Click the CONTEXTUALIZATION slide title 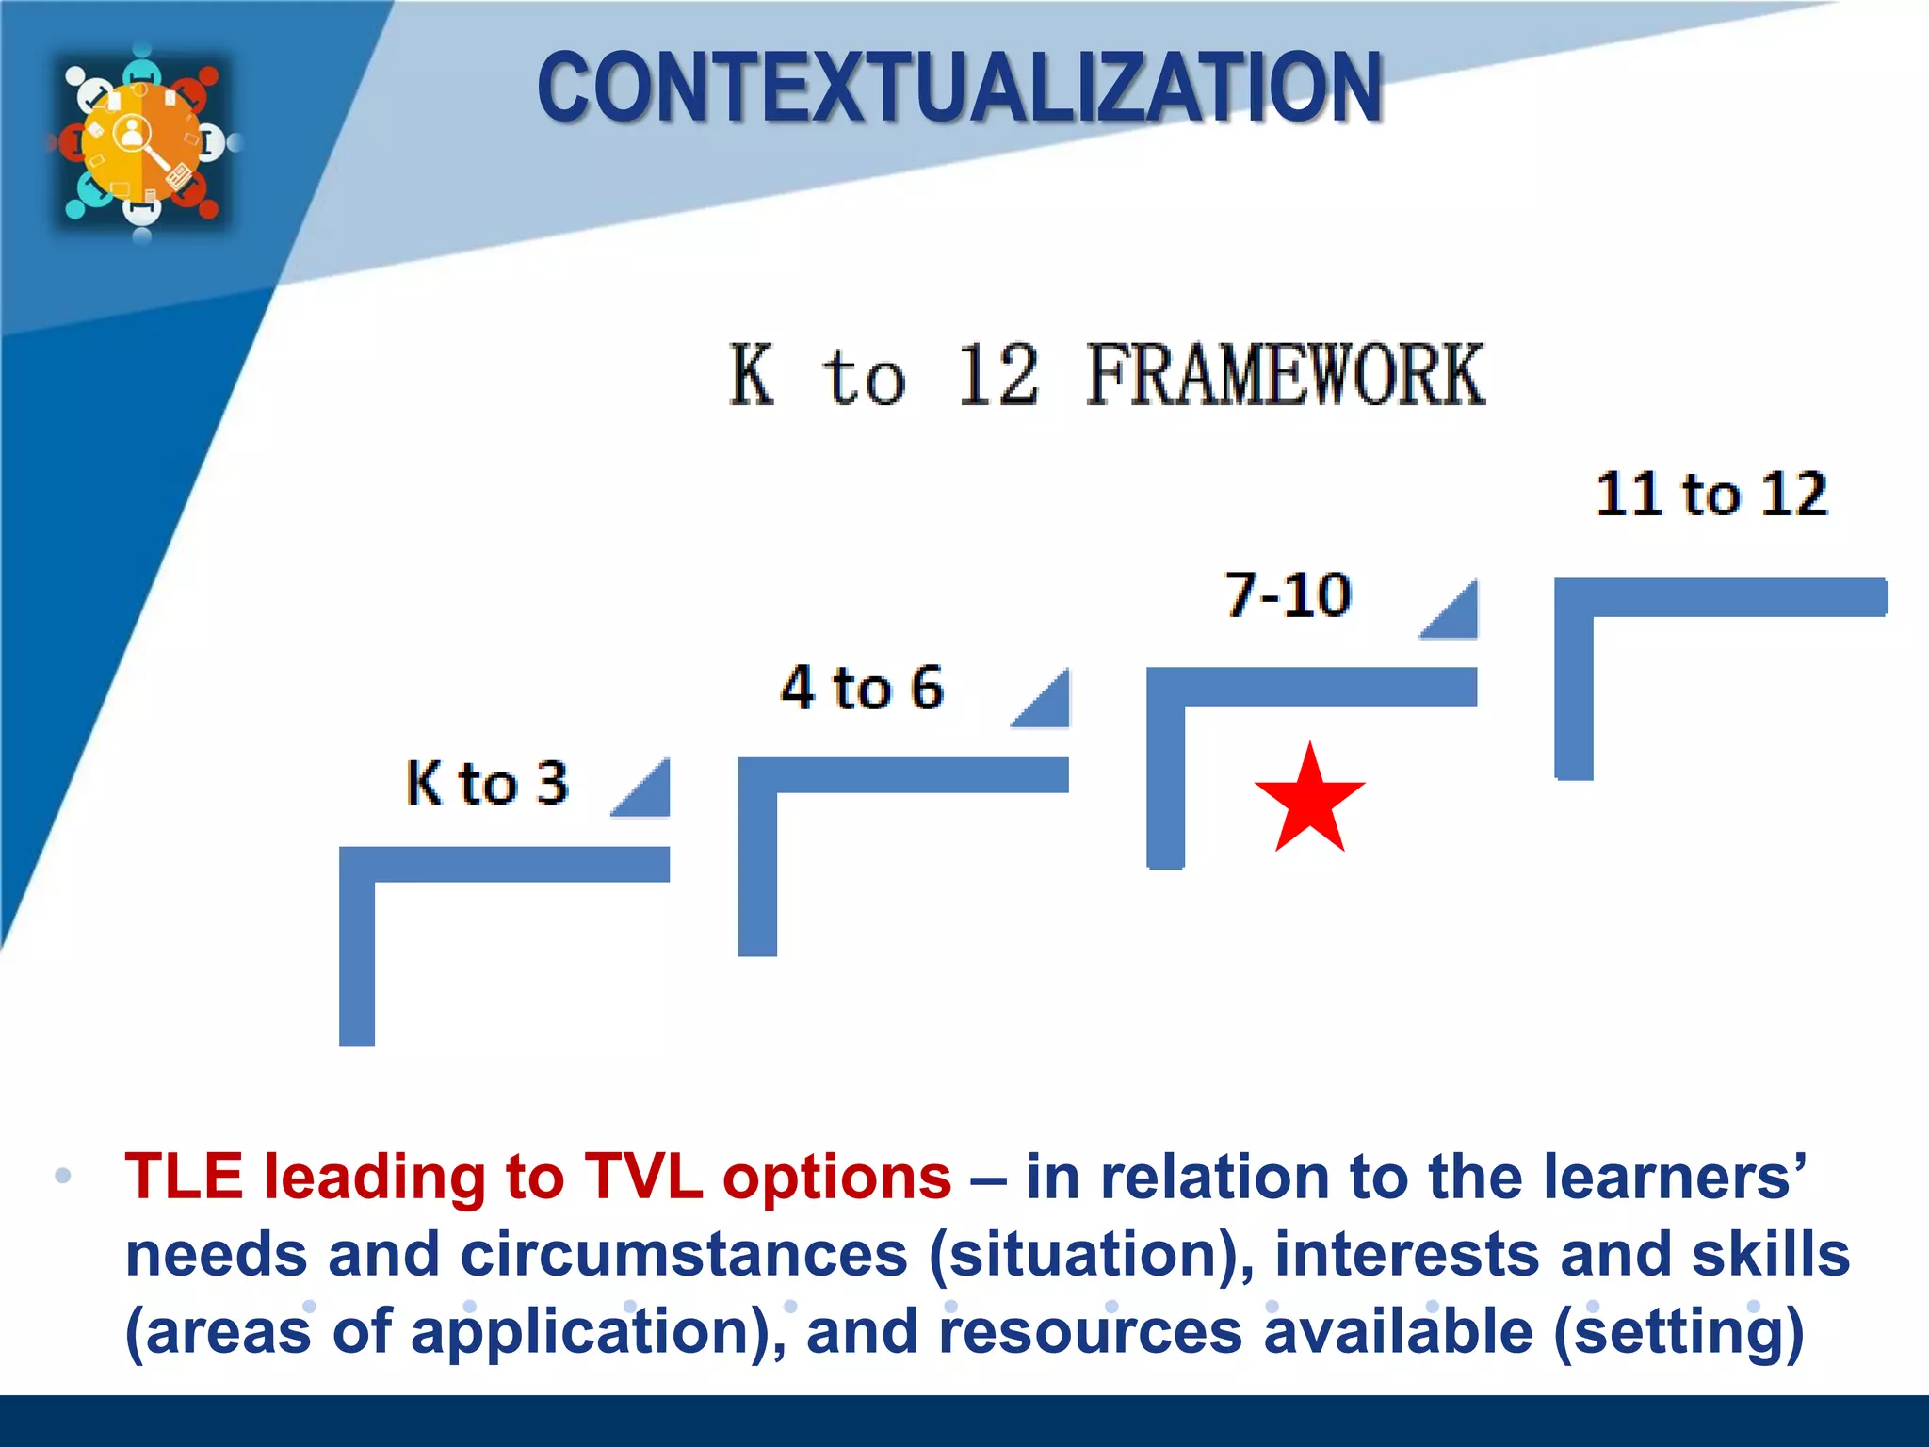point(959,89)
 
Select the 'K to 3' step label point(487,783)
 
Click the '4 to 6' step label point(861,688)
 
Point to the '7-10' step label point(1288,595)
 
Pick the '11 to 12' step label point(1710,494)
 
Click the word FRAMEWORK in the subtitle point(1285,376)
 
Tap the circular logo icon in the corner point(141,141)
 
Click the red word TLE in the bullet point(184,1178)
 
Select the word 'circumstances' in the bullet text point(684,1255)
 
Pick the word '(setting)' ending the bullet point(1678,1332)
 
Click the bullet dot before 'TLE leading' point(63,1176)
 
